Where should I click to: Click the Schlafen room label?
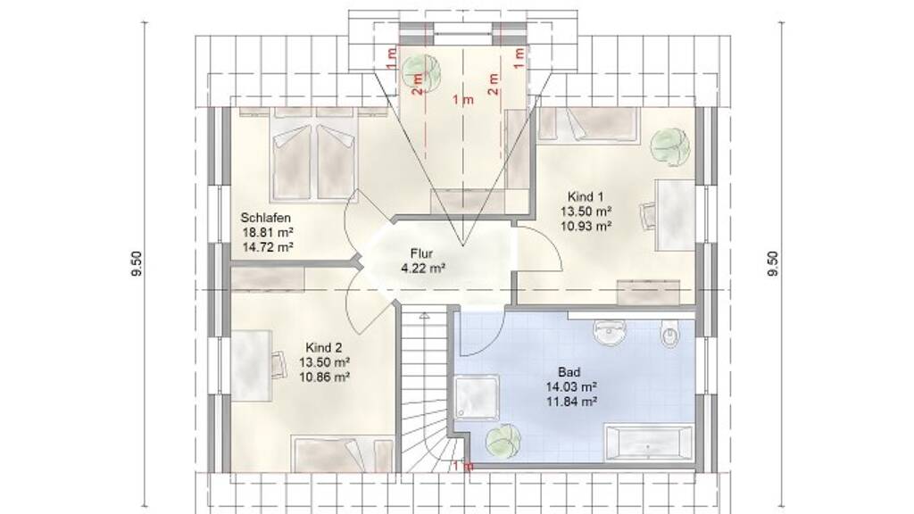click(266, 218)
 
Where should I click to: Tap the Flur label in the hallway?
click(421, 254)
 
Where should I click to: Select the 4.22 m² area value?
click(423, 269)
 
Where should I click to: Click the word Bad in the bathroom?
click(569, 372)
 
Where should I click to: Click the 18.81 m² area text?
click(268, 233)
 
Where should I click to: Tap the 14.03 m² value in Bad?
click(571, 386)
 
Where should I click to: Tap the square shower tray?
click(477, 398)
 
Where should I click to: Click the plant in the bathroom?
click(502, 441)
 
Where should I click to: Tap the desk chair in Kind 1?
click(648, 217)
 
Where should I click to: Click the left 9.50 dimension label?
click(137, 264)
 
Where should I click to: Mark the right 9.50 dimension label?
click(773, 264)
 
